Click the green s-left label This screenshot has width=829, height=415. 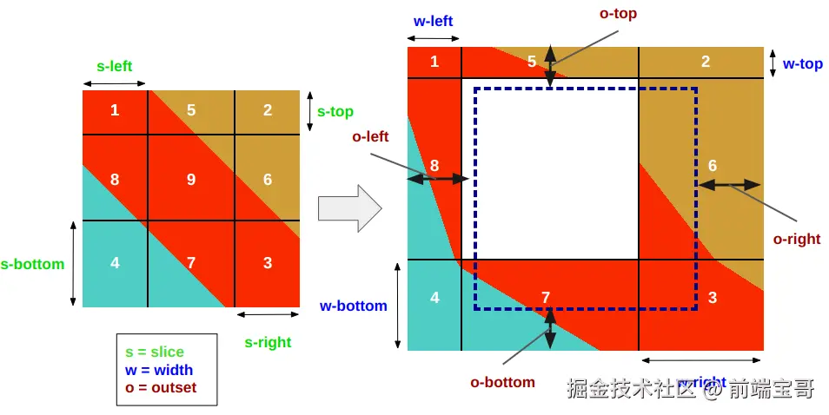coord(114,66)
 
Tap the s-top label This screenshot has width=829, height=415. coord(335,111)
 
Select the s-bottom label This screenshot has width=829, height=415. coord(33,264)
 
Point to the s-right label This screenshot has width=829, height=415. coord(268,342)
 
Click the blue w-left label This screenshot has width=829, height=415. coord(433,21)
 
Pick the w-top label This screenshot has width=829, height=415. coord(803,63)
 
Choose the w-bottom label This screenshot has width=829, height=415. coord(353,306)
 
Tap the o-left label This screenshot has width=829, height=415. coord(370,136)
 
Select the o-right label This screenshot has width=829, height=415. coord(797,239)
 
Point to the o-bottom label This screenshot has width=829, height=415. coord(502,382)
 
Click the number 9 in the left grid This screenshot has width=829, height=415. coord(191,180)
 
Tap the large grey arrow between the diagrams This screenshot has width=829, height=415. coord(349,208)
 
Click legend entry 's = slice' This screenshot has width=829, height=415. coord(155,352)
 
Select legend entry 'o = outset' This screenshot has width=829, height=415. coord(161,388)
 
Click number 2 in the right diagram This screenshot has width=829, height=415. coord(706,61)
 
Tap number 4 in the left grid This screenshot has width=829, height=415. coord(116,262)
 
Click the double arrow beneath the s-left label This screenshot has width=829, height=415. coord(115,83)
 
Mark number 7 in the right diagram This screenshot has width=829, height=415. coord(546,298)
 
